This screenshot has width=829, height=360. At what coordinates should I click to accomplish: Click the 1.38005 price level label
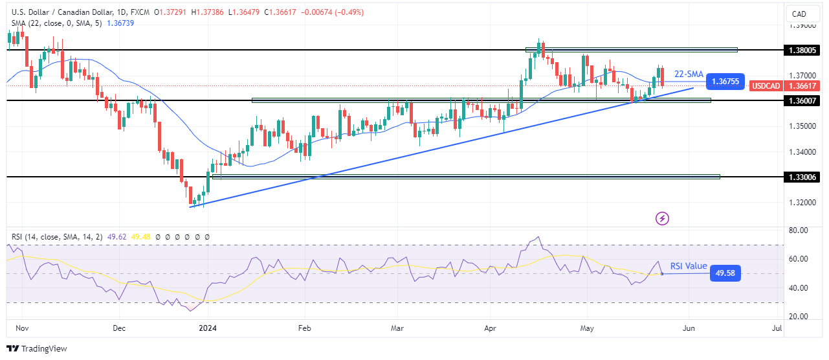pos(802,50)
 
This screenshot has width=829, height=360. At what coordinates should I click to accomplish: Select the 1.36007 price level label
pos(802,100)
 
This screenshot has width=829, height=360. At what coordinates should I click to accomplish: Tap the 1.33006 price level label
pos(802,177)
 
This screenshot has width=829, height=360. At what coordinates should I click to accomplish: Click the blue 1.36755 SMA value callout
pos(725,82)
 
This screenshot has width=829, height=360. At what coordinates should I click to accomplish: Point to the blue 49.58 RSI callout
pos(724,273)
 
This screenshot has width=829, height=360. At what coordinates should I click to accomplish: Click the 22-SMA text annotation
pos(689,74)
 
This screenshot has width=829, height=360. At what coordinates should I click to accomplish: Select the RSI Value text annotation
pos(689,266)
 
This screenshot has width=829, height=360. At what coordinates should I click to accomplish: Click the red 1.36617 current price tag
pos(802,85)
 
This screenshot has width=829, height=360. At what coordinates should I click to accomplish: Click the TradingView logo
pos(38,348)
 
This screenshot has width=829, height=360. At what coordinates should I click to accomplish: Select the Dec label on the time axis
pos(118,328)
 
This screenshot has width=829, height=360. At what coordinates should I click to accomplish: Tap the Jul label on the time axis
pos(777,328)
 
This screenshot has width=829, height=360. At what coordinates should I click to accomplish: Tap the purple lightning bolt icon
pos(662,218)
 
